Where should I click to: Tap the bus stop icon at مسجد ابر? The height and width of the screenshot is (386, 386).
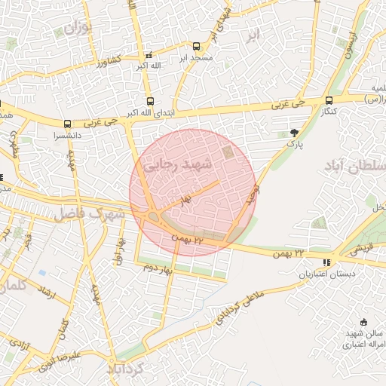tap(197, 46)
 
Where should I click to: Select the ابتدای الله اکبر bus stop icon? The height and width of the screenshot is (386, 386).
tap(149, 101)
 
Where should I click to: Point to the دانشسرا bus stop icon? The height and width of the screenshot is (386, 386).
tap(67, 124)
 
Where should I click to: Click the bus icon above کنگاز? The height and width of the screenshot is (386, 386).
tap(329, 100)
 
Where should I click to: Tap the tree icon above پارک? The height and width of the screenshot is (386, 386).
tap(293, 133)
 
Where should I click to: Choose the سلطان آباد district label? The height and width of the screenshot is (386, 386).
tap(355, 167)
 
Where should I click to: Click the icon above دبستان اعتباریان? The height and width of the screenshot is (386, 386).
tap(326, 262)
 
